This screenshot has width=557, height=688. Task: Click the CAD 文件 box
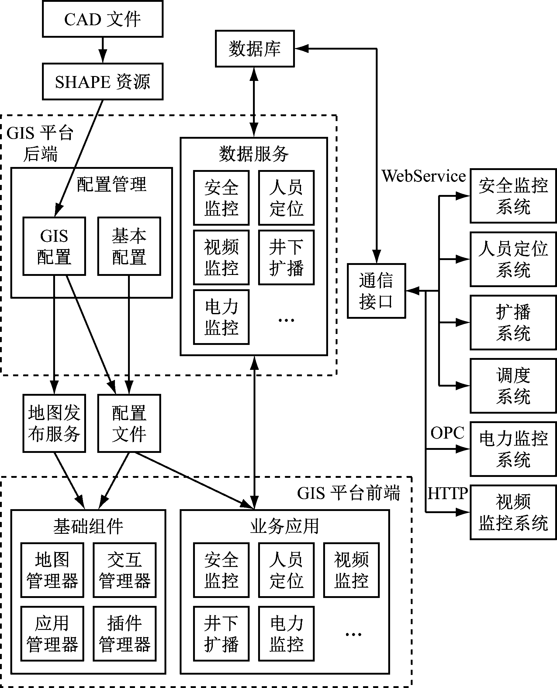point(103,19)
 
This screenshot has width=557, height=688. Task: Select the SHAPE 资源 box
point(103,82)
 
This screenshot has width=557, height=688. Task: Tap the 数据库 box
point(255,49)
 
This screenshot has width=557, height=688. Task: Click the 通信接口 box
point(376,291)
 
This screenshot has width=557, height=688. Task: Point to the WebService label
point(424,176)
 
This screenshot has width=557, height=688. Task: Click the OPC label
point(447,433)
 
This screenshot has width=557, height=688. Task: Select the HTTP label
point(447,493)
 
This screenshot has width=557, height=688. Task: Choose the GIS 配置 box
point(54,246)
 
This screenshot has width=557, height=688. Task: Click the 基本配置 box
point(129,246)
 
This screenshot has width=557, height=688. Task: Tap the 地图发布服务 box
point(54,423)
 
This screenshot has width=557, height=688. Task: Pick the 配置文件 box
point(129,423)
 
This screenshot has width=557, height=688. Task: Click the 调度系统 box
point(513,386)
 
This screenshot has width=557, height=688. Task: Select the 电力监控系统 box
point(513,449)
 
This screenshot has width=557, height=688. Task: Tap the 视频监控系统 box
point(513,513)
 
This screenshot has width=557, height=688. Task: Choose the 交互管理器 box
point(124,570)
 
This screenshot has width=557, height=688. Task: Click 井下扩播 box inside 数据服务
point(286,257)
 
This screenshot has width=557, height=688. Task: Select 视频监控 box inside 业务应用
point(351,570)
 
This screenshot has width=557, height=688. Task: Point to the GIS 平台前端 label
point(348,493)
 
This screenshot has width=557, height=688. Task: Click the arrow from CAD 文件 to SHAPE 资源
point(103,50)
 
